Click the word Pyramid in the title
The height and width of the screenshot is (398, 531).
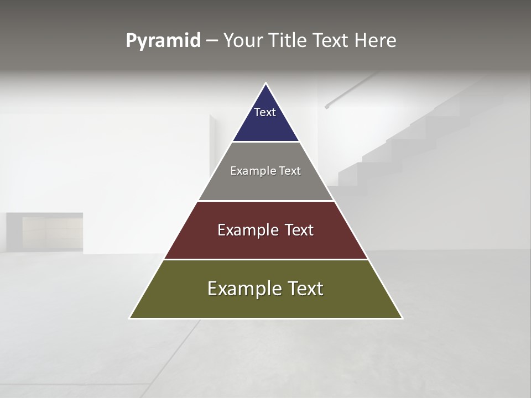point(163,41)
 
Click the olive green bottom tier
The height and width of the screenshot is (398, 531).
point(265,304)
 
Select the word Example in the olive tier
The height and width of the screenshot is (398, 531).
point(241,289)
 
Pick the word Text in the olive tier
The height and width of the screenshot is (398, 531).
point(304,289)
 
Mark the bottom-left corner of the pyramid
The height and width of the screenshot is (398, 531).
point(131,318)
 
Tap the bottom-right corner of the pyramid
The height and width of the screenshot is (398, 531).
point(402,318)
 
